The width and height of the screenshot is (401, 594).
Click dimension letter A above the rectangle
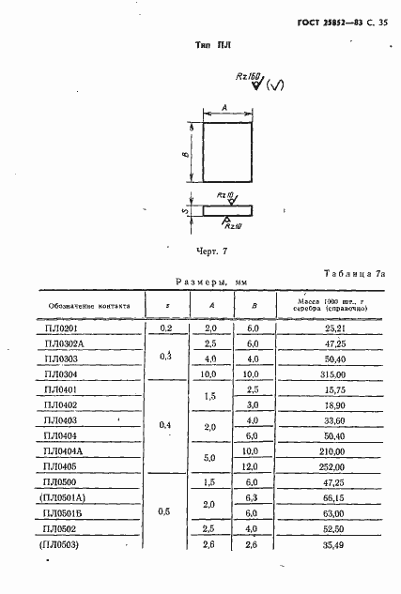click(227, 108)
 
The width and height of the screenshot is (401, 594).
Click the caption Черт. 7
click(211, 251)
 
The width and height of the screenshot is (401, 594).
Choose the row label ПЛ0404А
click(64, 450)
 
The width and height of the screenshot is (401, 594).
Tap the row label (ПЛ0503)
click(59, 544)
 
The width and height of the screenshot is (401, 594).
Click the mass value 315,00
click(321, 373)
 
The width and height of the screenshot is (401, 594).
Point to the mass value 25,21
click(321, 329)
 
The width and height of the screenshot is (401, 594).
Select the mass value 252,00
click(321, 466)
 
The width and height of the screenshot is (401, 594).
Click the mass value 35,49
click(321, 544)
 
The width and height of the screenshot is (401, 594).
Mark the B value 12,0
click(252, 466)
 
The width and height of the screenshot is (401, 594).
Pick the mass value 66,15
click(321, 498)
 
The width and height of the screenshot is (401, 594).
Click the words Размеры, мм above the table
click(211, 281)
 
